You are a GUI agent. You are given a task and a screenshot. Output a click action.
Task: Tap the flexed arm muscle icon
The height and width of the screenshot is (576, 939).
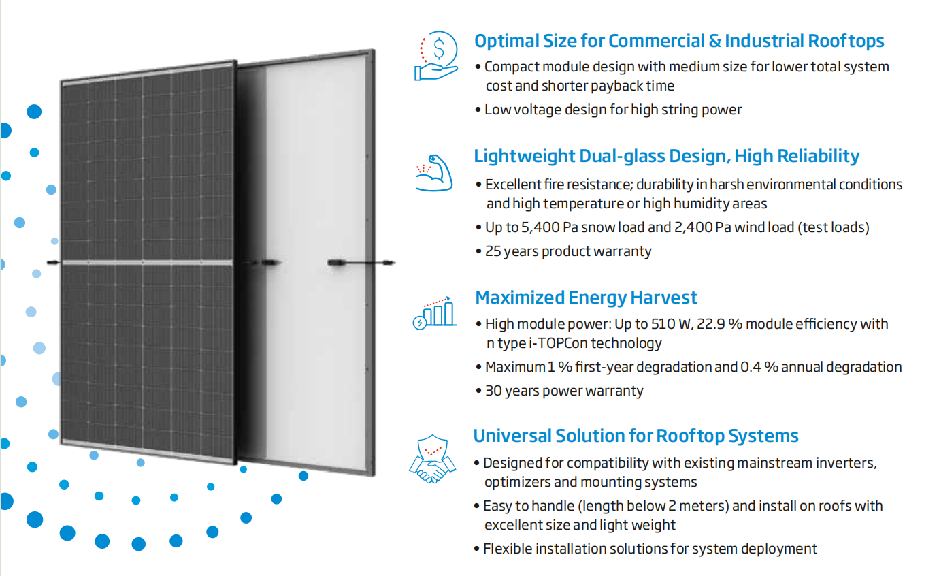pos(435,173)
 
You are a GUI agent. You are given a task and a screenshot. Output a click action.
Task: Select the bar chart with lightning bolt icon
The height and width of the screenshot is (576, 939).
pos(434,313)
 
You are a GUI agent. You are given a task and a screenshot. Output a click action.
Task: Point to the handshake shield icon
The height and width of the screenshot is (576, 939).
pos(432,459)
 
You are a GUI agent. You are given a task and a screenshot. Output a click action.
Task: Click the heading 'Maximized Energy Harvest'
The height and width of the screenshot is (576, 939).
pos(586,298)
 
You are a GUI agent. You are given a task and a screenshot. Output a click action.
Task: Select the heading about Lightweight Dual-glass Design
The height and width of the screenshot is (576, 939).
pos(667,156)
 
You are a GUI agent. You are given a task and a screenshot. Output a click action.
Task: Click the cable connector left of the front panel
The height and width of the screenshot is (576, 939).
pos(53,263)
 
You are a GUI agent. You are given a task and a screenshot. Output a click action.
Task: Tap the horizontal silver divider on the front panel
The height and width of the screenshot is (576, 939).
pos(147,263)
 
